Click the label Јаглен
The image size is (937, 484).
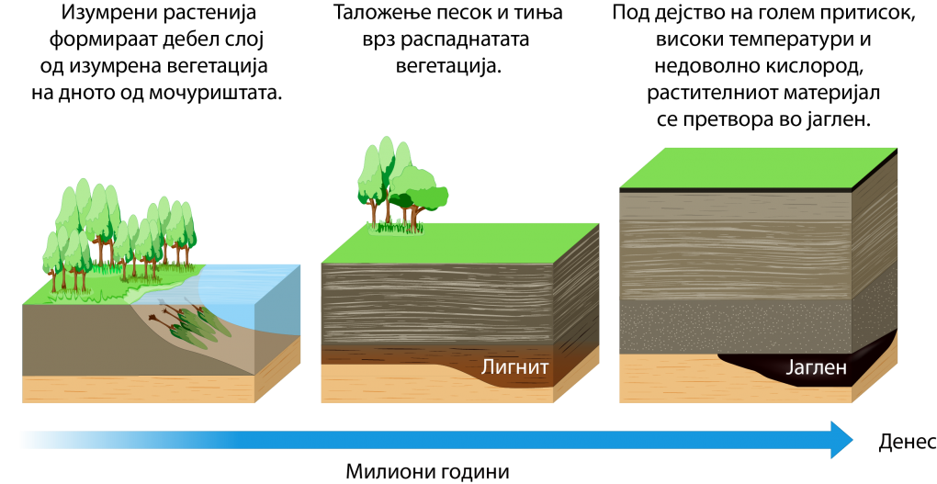(x=816, y=369)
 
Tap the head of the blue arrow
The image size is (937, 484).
(x=841, y=440)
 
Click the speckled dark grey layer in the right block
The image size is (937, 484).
(x=735, y=326)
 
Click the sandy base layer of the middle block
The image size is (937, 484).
(x=413, y=386)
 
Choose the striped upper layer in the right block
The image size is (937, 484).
(x=735, y=243)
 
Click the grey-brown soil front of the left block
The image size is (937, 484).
(x=83, y=340)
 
